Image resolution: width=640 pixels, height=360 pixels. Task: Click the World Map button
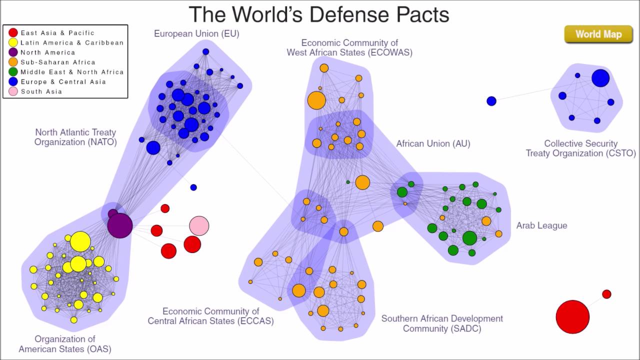point(598,34)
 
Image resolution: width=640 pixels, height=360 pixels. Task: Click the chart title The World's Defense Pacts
point(319,14)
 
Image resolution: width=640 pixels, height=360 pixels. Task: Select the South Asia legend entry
point(41,91)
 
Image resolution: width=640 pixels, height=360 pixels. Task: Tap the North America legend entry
point(47,52)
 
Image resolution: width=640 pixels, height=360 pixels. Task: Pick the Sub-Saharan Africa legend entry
point(57,62)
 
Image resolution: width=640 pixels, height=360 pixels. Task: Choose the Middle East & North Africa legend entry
point(71,72)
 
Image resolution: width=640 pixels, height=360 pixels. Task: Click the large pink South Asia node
point(199,226)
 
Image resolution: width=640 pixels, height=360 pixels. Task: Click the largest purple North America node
point(120,225)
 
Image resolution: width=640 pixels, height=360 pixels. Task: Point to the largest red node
point(572,316)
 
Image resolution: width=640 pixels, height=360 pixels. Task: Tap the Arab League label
point(541,225)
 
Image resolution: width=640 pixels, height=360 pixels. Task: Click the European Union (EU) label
point(196,34)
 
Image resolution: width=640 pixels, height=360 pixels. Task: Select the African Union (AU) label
point(433,144)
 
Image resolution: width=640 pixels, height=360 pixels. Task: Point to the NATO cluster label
point(75,137)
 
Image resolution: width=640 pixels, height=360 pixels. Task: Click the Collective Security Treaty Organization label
point(580,148)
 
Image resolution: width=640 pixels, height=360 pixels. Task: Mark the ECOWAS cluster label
point(349,47)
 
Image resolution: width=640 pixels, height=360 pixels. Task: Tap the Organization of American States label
point(64,344)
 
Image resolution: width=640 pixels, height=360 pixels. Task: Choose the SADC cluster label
point(442,323)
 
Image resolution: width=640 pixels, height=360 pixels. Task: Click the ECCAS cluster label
point(210,316)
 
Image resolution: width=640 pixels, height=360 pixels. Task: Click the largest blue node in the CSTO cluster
point(600,78)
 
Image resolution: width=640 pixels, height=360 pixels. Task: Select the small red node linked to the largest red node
point(606,294)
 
